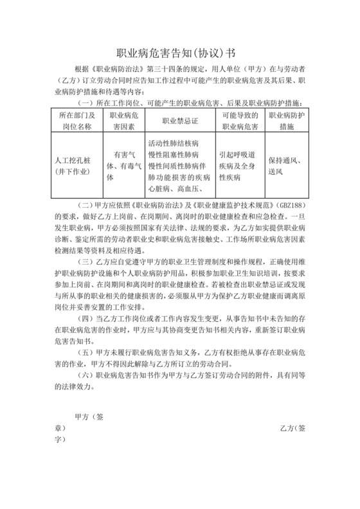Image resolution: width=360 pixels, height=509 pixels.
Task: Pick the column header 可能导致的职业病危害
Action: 239,120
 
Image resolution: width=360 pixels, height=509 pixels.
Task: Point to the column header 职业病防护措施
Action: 286,120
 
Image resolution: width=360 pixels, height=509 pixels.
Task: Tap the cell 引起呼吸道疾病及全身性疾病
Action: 239,166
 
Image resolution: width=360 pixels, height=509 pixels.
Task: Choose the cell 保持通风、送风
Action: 286,165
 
